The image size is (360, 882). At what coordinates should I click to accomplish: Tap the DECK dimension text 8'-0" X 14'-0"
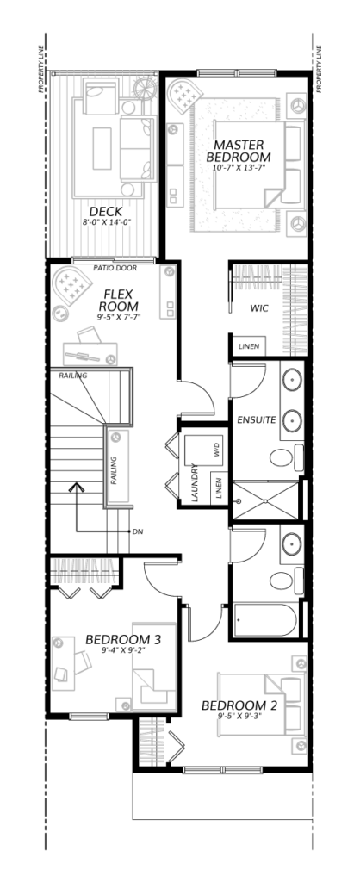(x=106, y=222)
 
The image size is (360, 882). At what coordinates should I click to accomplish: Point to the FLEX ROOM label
(x=118, y=300)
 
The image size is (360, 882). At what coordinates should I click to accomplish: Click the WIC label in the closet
(x=258, y=308)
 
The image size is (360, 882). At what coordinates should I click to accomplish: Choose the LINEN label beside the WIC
(x=249, y=346)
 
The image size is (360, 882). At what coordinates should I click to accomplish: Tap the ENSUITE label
(x=256, y=420)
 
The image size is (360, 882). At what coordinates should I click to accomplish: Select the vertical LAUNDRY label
(x=194, y=483)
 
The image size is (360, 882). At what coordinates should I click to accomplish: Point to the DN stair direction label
(x=137, y=531)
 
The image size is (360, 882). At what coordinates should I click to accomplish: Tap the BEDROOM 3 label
(x=123, y=640)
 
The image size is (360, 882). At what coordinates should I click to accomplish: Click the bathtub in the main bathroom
(x=265, y=620)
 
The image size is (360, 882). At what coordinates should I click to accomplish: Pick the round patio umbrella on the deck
(x=146, y=89)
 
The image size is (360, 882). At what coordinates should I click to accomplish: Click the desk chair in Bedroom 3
(x=82, y=662)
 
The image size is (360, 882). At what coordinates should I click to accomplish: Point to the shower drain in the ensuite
(x=239, y=500)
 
